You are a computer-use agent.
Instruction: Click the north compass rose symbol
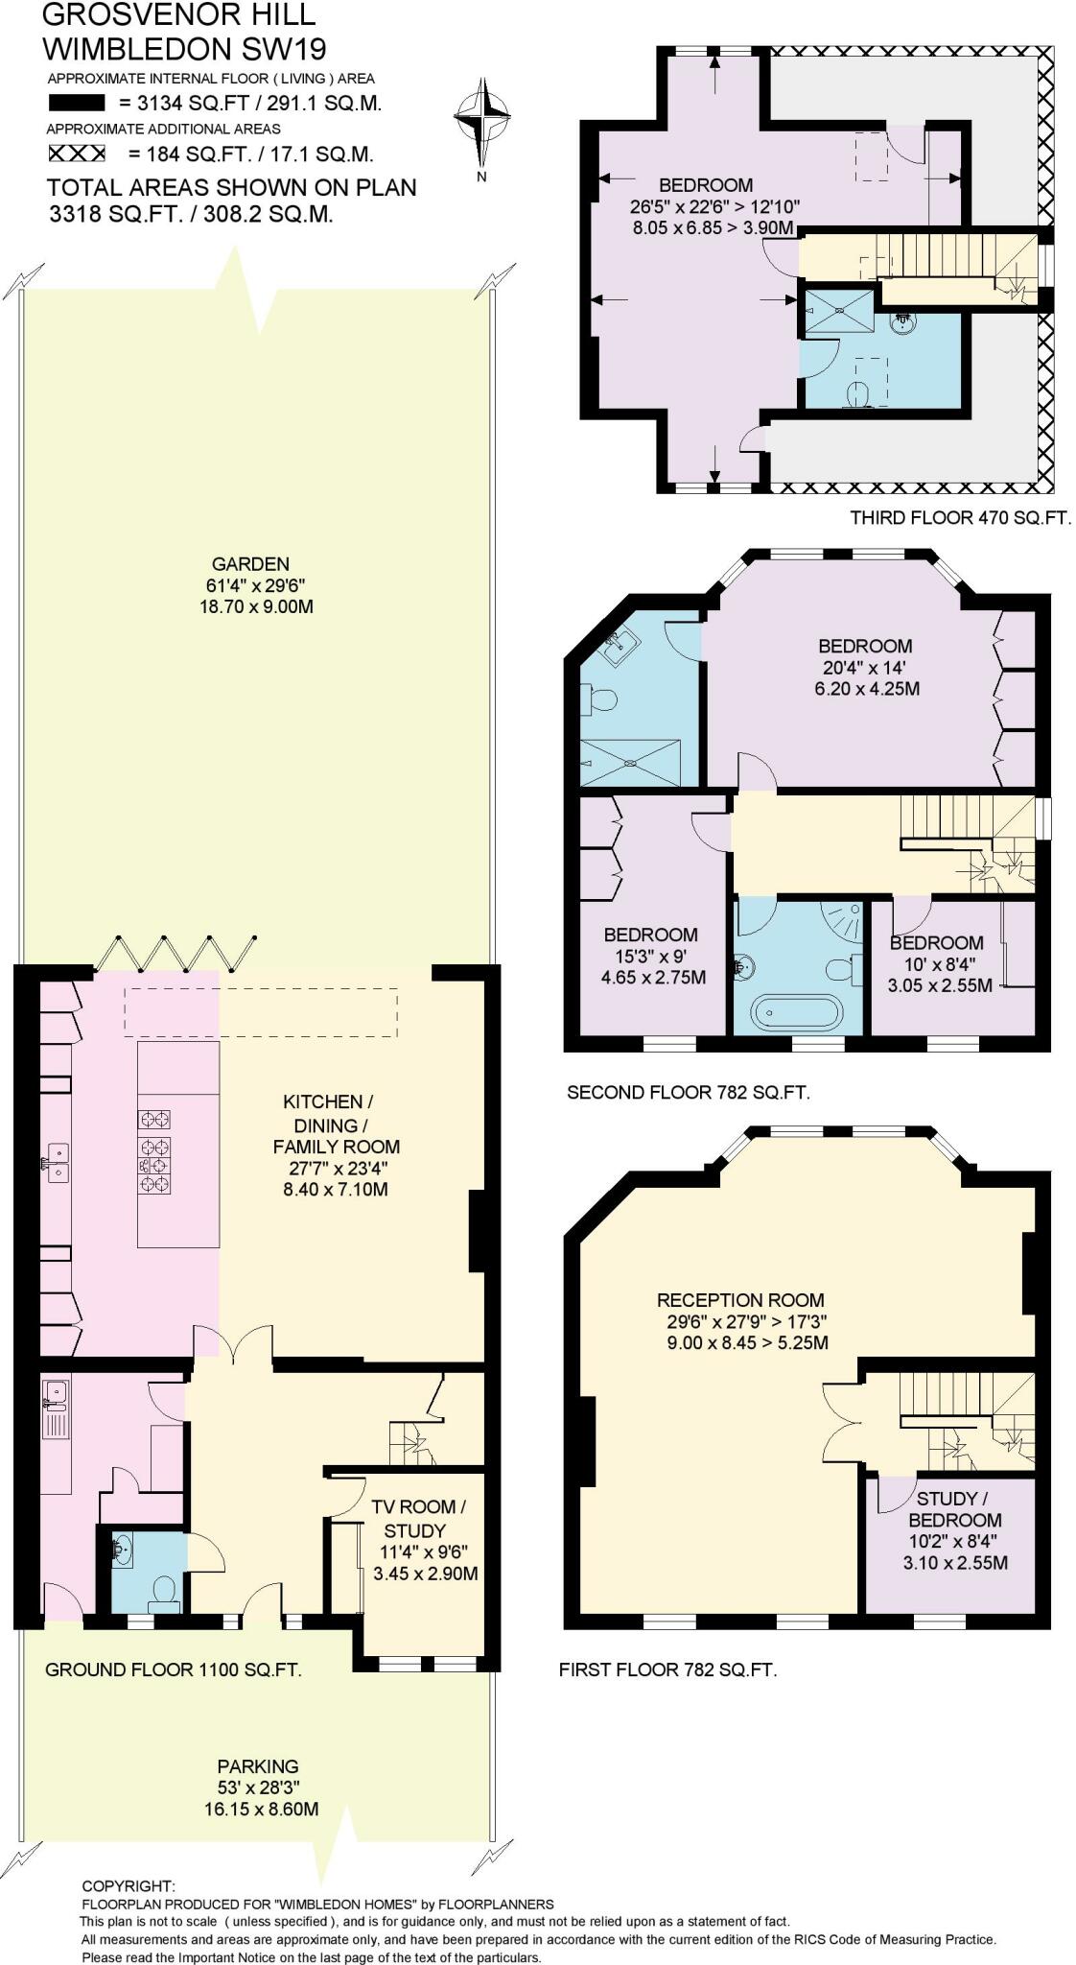(x=481, y=119)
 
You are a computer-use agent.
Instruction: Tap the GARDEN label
(x=251, y=564)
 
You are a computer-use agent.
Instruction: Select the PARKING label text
(x=258, y=1766)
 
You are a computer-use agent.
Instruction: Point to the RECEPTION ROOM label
(x=740, y=1301)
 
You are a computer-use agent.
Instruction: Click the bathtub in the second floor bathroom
(x=798, y=1012)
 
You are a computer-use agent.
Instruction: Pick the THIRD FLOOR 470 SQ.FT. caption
(x=960, y=518)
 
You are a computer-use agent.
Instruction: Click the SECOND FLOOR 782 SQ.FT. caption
(x=689, y=1092)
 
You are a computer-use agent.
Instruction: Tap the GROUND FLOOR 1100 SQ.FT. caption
(x=174, y=1669)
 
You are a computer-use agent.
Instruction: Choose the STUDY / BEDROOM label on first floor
(x=954, y=1509)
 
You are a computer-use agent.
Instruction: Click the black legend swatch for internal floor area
(x=77, y=103)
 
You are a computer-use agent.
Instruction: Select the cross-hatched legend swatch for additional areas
(x=77, y=154)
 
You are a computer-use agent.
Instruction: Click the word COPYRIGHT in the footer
(x=129, y=1886)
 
